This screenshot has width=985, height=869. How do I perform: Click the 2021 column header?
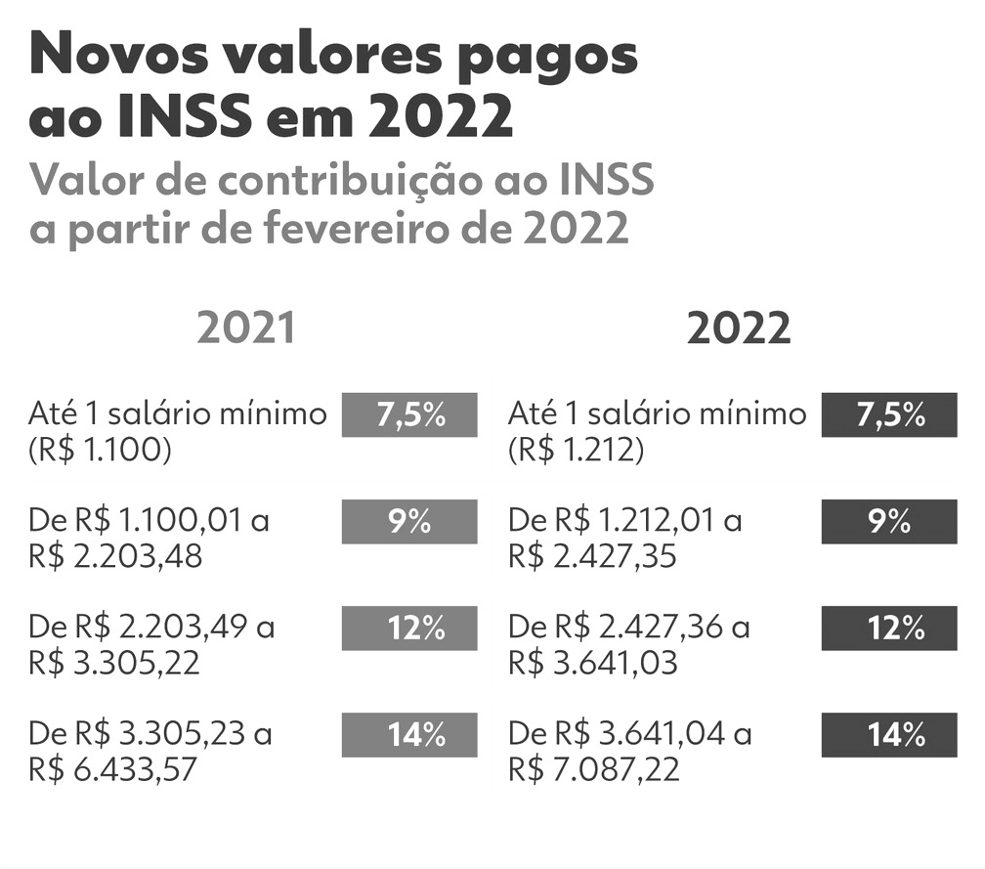pos(245,329)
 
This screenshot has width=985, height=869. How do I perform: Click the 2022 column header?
pos(738,329)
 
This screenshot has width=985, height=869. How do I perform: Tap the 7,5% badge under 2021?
pos(409,414)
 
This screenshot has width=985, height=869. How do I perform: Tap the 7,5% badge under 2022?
pos(889,414)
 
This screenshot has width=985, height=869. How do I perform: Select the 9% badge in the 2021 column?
pos(409,522)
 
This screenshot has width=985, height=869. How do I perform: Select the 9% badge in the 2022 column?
pos(889,522)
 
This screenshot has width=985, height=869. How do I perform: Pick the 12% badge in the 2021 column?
pos(409,629)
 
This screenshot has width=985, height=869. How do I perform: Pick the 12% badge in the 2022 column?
pos(889,629)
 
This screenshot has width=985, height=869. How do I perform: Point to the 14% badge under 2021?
pos(409,735)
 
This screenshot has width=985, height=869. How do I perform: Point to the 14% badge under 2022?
pos(889,735)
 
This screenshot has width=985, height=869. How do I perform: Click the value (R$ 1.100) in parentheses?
pos(101,452)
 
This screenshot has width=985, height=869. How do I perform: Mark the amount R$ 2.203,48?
pos(115,557)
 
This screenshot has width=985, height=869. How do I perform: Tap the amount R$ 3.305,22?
pos(115,664)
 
